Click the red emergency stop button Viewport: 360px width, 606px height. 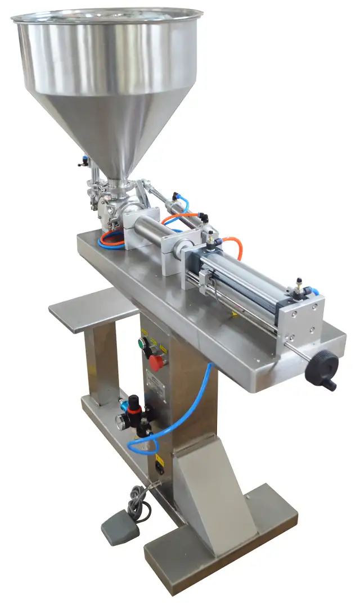pos(156,361)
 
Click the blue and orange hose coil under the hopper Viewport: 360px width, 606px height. pos(111,239)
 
